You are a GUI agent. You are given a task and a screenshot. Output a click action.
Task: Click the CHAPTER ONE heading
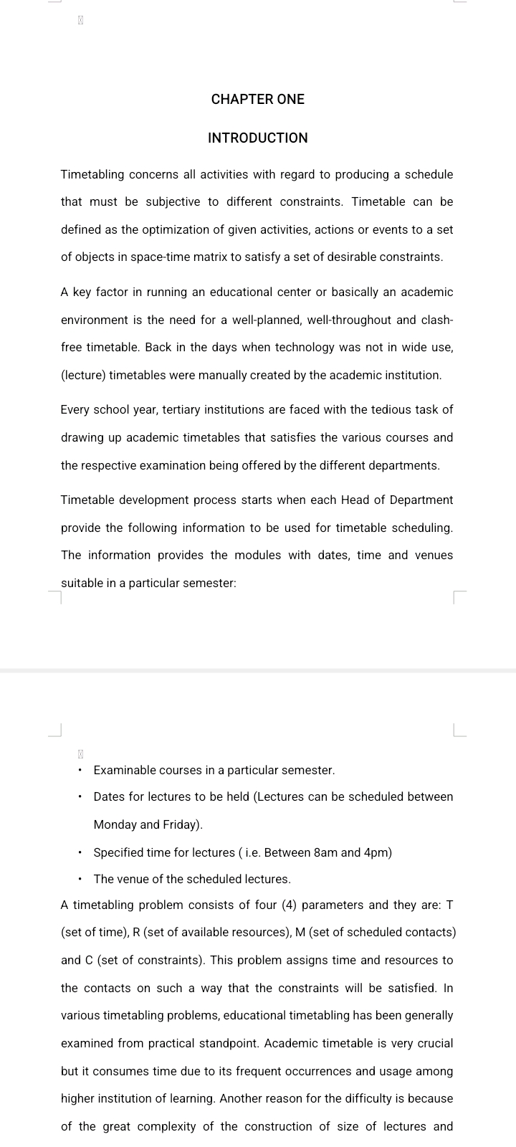(x=258, y=100)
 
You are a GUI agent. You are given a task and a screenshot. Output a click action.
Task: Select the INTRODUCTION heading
(x=258, y=138)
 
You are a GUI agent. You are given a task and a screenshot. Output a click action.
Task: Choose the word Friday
(x=182, y=825)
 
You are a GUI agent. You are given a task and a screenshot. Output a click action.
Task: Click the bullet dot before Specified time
(x=80, y=853)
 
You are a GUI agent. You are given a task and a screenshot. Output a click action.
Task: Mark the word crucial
(x=432, y=1044)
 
